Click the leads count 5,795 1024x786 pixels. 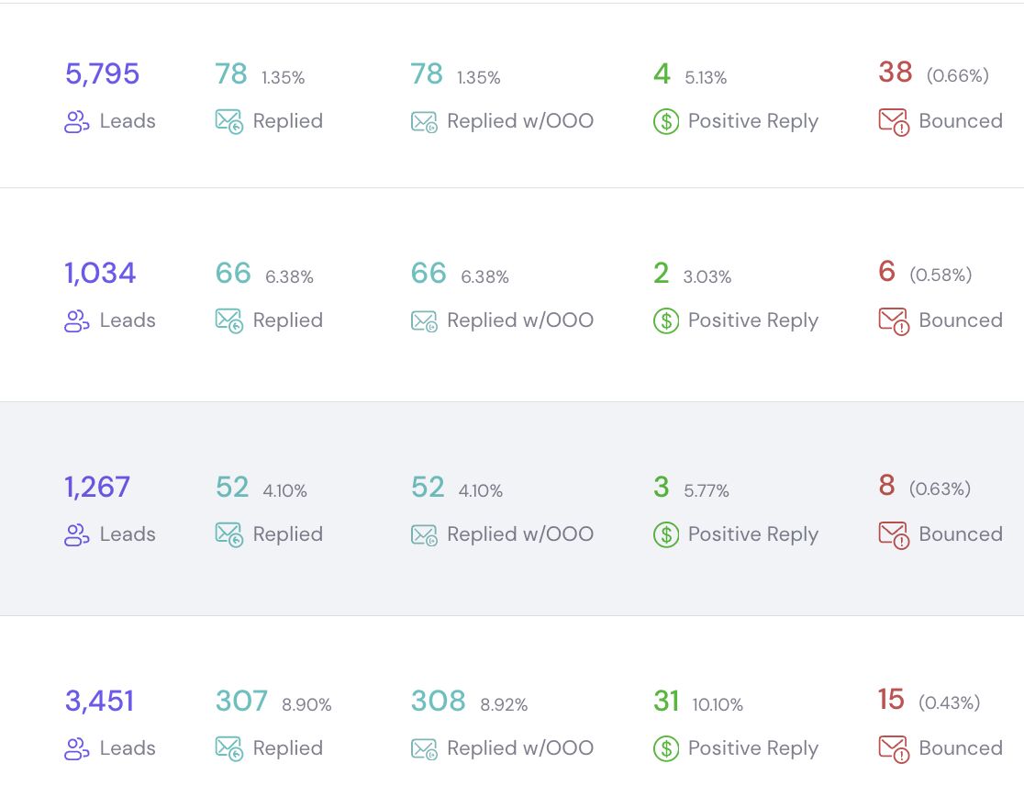[x=102, y=73]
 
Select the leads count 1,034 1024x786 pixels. [x=100, y=273]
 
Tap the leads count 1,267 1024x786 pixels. [x=97, y=488]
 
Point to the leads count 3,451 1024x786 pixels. [x=99, y=701]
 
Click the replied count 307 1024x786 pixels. [x=241, y=701]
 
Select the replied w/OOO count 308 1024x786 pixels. [x=438, y=701]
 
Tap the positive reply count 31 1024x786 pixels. [x=666, y=701]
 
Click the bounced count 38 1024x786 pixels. [x=896, y=72]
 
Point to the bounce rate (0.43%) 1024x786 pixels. [x=949, y=702]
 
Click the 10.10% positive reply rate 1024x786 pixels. [x=718, y=704]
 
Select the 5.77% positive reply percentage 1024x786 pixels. [x=706, y=490]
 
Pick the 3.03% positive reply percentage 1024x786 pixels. [x=707, y=277]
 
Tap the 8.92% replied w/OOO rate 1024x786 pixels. [x=504, y=704]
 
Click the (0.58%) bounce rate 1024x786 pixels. [x=941, y=275]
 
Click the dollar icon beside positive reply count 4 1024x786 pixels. [x=666, y=121]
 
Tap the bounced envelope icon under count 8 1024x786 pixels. [x=894, y=535]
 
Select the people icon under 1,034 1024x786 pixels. [x=76, y=320]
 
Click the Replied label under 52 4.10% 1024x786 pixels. [x=287, y=533]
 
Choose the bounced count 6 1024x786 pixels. [x=887, y=271]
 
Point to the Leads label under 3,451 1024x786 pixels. [x=128, y=748]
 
